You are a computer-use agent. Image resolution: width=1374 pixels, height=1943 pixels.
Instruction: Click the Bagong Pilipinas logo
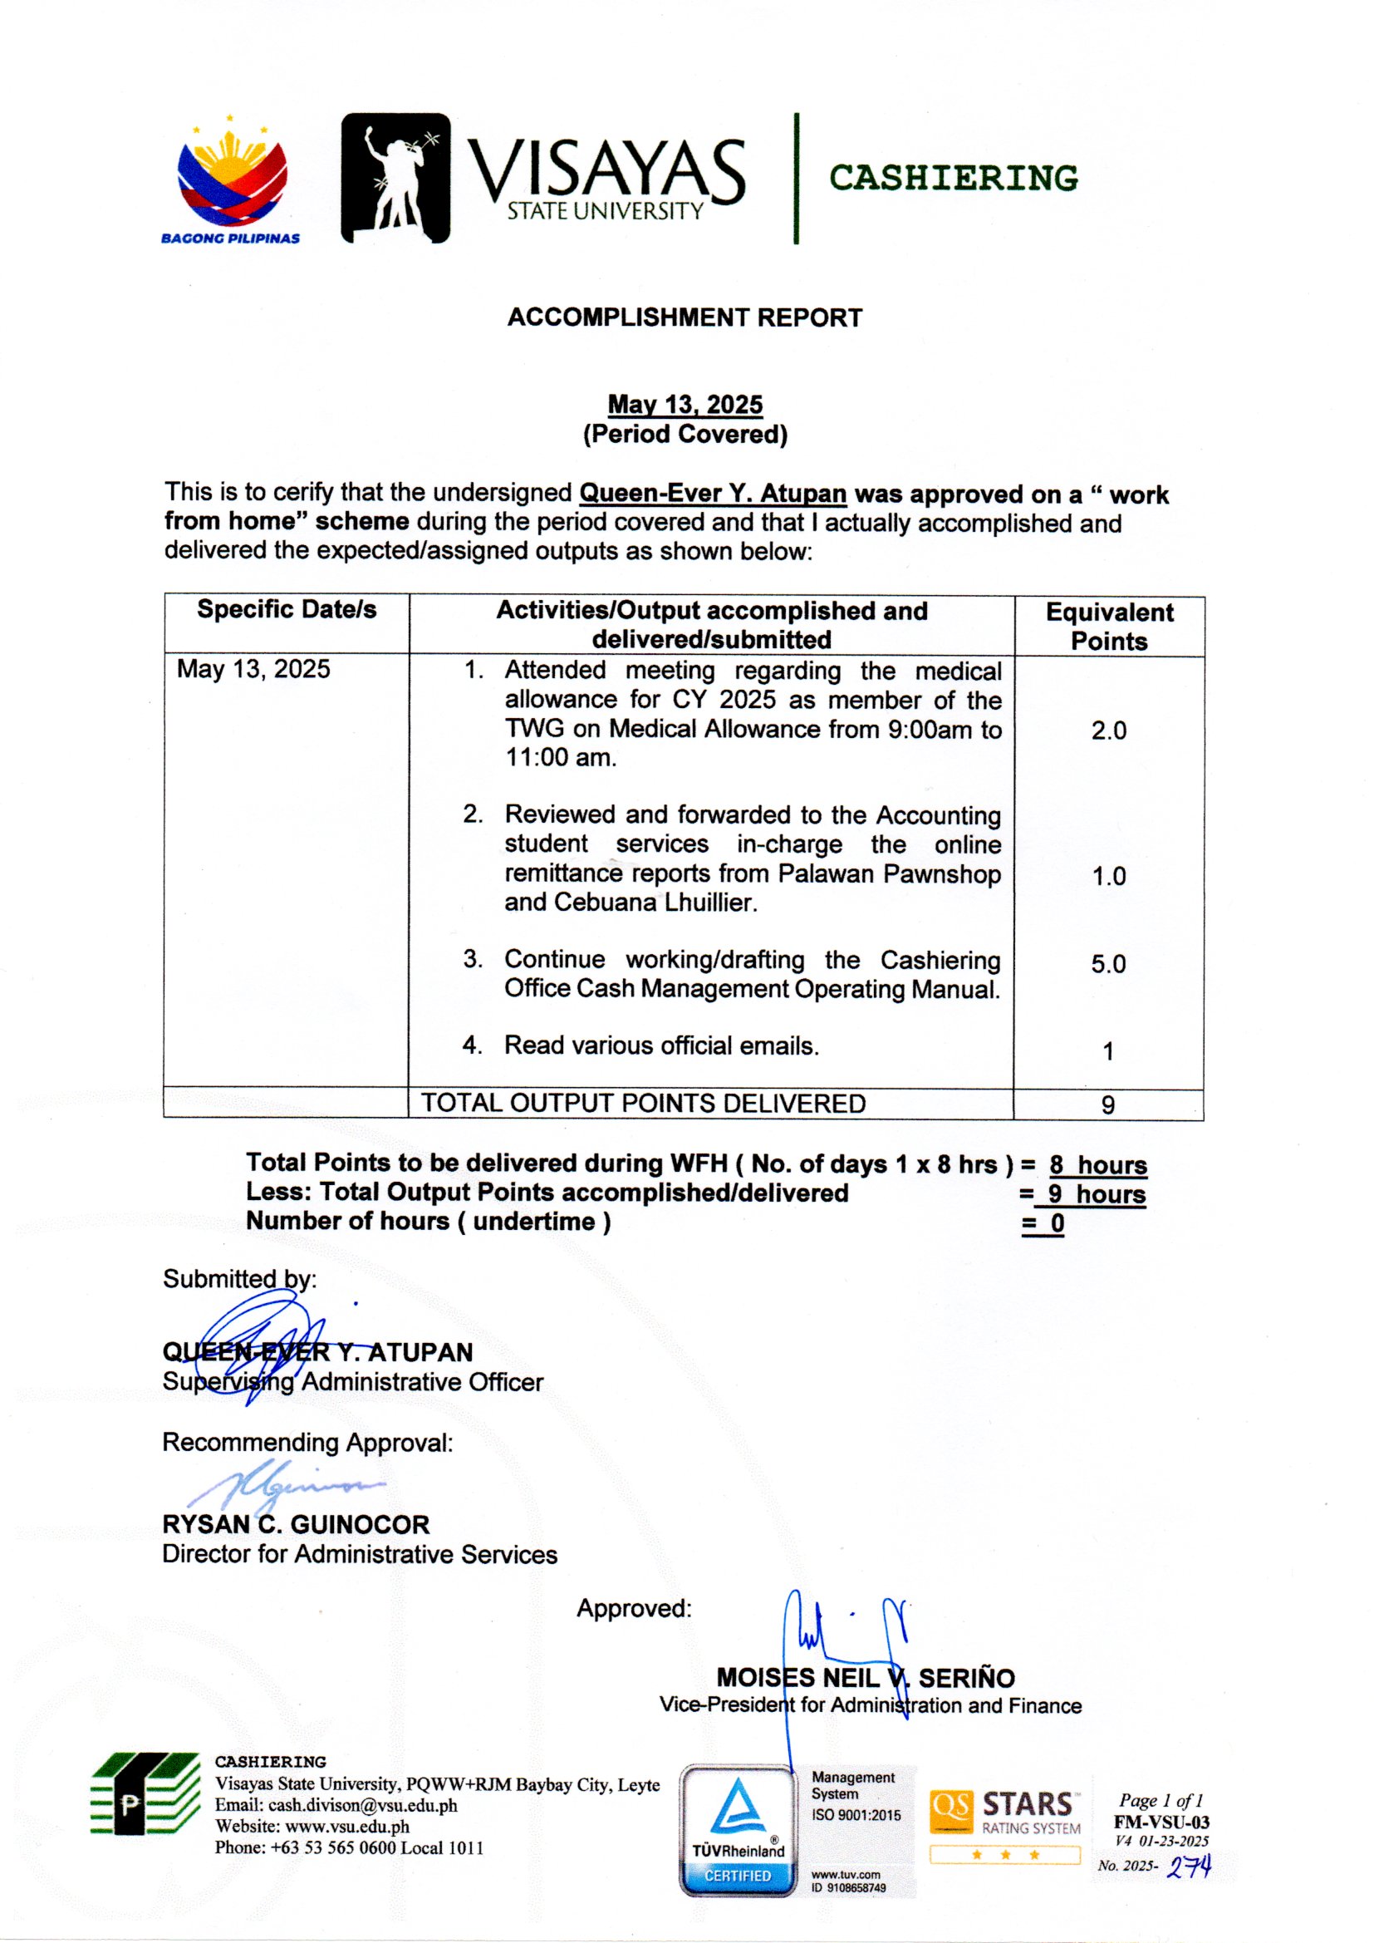coord(231,182)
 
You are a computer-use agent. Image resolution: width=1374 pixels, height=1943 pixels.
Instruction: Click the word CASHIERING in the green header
coord(954,178)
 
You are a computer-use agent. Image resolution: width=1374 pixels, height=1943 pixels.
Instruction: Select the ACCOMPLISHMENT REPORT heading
coord(685,318)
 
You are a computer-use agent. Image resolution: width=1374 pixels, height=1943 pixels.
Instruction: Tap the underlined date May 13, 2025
coord(685,405)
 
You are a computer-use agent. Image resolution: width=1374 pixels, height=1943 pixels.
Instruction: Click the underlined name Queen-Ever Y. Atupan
coord(713,494)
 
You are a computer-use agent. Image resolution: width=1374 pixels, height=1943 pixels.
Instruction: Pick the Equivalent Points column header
coord(1109,627)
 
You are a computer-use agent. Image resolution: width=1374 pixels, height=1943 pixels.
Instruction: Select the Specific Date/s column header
coord(287,609)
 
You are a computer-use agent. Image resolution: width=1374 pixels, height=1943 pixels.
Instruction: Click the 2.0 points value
coord(1108,730)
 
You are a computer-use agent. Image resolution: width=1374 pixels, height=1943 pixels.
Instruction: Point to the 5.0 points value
coord(1108,964)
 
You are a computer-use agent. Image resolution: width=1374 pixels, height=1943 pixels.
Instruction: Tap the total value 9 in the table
coord(1108,1104)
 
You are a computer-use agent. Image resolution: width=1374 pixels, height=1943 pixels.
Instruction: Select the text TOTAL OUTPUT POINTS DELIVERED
coord(644,1104)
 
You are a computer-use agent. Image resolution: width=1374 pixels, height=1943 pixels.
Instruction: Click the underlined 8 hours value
coord(1098,1165)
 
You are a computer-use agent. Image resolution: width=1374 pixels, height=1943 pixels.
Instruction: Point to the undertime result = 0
coord(1044,1223)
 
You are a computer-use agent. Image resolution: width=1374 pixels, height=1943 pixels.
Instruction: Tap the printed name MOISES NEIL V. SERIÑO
coord(866,1678)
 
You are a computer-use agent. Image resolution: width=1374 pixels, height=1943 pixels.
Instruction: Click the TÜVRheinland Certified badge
coord(739,1829)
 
